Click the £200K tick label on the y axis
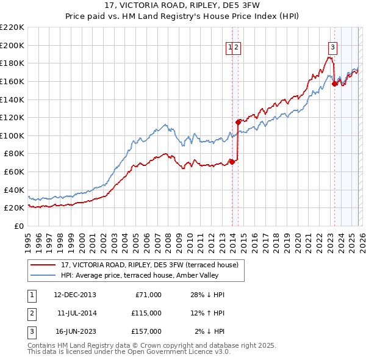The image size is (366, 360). coord(12,45)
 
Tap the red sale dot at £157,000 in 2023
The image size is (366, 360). coord(334,84)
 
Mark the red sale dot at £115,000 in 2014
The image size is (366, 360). coord(238,122)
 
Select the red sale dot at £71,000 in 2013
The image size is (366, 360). coord(232,162)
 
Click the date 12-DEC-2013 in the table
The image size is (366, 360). coord(75,295)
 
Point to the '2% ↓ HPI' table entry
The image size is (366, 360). coord(210,331)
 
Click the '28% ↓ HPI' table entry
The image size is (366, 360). coord(207,295)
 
